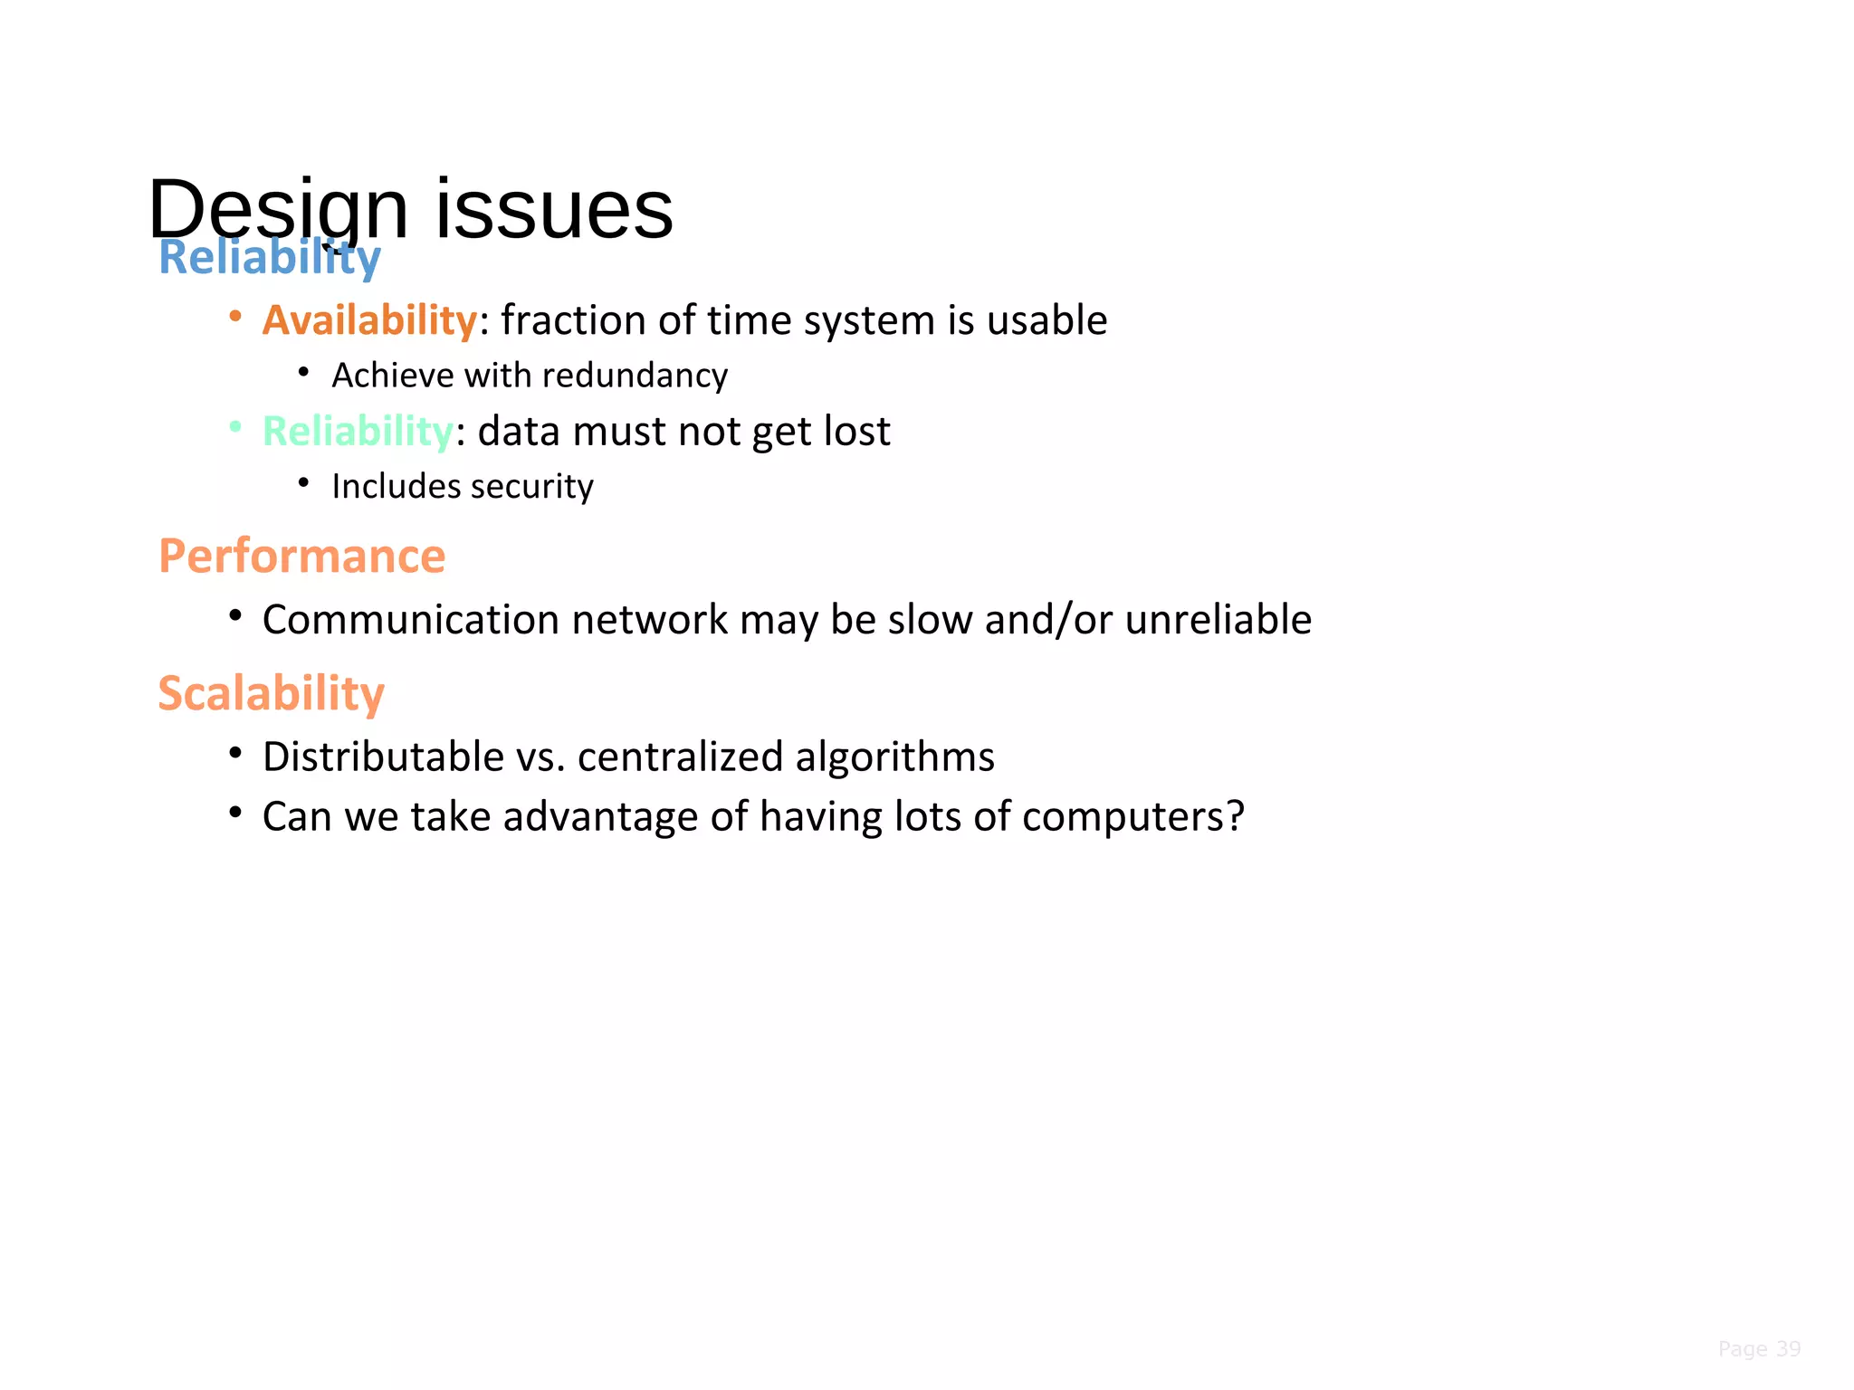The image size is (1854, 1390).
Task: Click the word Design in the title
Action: pyautogui.click(x=277, y=210)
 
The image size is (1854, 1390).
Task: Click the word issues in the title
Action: pyautogui.click(x=554, y=210)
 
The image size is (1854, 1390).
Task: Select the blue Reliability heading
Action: pyautogui.click(x=270, y=258)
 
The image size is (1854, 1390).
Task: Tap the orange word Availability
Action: pyautogui.click(x=369, y=320)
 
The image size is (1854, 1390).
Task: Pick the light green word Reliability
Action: pyautogui.click(x=358, y=431)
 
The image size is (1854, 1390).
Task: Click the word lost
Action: pyautogui.click(x=856, y=431)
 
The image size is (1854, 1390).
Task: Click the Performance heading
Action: pyautogui.click(x=301, y=556)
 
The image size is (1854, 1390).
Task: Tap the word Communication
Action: pyautogui.click(x=411, y=620)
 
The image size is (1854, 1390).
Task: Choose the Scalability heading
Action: pyautogui.click(x=271, y=694)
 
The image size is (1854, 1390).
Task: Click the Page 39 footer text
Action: pyautogui.click(x=1758, y=1348)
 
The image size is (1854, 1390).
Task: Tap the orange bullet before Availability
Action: pyautogui.click(x=235, y=317)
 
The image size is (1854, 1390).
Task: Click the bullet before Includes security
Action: pyautogui.click(x=304, y=483)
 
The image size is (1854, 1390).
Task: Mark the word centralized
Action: pyautogui.click(x=679, y=757)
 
